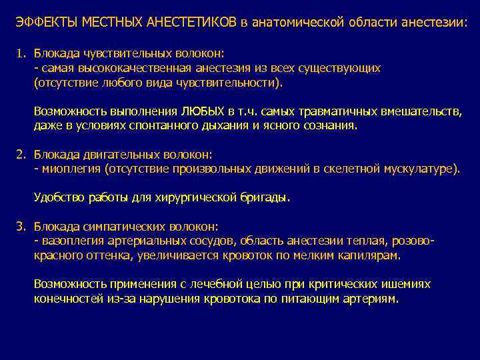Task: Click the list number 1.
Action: tap(21, 53)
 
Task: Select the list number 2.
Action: tap(21, 155)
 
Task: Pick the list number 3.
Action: tap(21, 226)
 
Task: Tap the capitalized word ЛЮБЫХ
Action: tap(201, 110)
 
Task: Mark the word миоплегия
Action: tap(71, 169)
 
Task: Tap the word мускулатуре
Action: tap(421, 169)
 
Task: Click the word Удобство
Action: tap(59, 198)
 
